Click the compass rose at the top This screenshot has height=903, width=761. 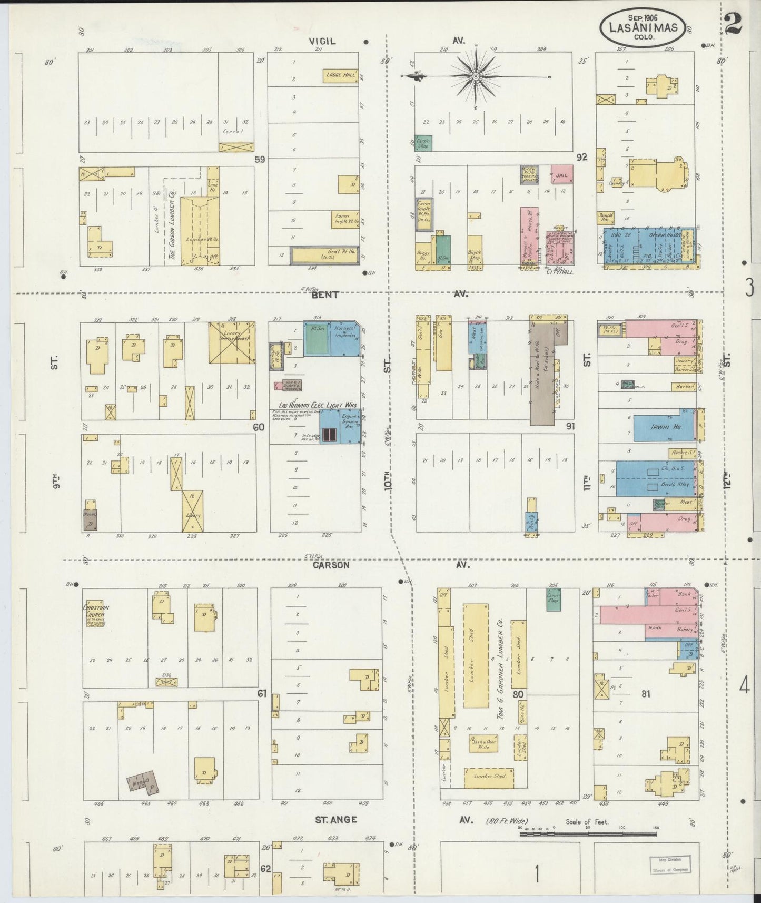476,76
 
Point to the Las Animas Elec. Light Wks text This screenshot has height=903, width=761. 314,405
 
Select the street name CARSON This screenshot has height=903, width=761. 331,565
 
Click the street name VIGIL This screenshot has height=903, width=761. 322,42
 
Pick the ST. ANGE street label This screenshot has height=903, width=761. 336,820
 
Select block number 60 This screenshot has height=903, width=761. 258,427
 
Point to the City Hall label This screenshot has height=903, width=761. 559,272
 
